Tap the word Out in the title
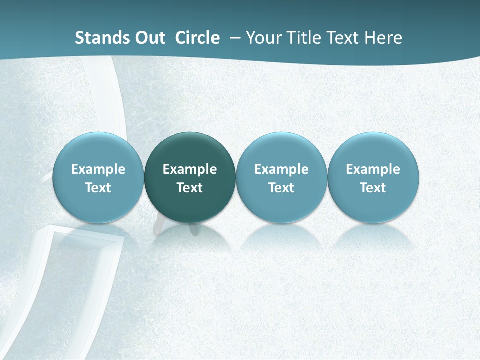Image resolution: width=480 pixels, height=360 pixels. click(149, 38)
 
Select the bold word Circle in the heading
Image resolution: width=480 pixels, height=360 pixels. click(197, 38)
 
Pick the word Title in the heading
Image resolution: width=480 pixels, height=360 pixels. click(303, 38)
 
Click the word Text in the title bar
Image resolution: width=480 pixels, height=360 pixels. click(344, 38)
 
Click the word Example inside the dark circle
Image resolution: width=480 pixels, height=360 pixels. click(190, 169)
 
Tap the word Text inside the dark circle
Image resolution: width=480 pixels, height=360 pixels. click(190, 188)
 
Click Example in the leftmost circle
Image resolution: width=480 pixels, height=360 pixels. click(98, 169)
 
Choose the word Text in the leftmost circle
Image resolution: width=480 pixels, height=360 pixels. click(98, 188)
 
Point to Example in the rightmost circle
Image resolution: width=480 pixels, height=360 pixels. click(373, 169)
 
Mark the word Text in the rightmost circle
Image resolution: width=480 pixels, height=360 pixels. click(373, 188)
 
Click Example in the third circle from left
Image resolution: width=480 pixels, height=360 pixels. click(281, 169)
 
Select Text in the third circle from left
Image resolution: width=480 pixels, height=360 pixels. click(281, 188)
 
